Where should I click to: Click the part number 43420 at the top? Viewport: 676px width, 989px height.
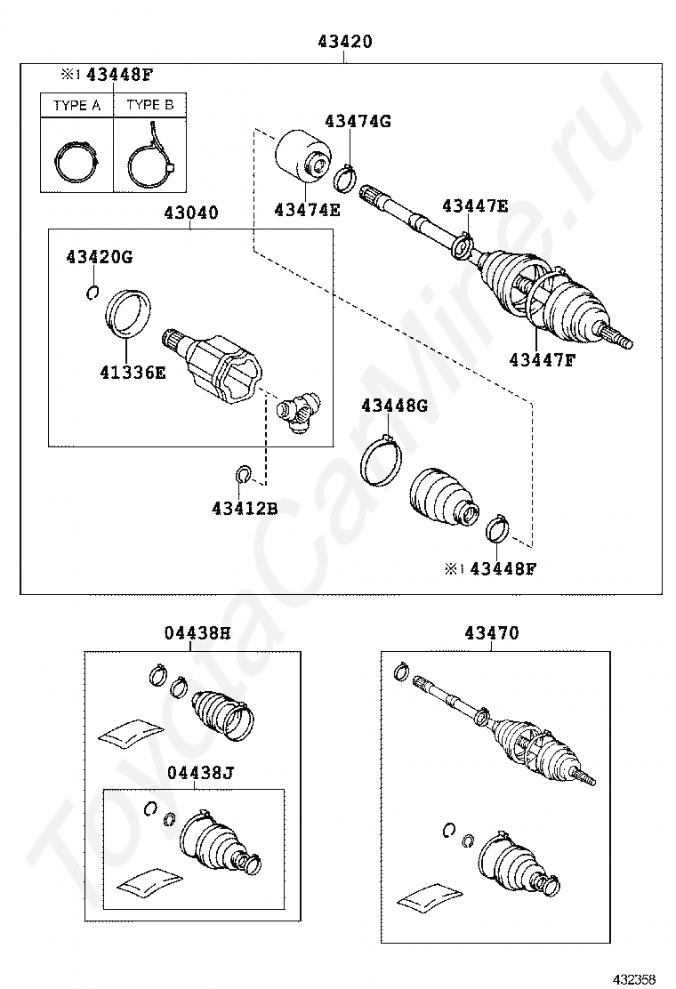pos(343,41)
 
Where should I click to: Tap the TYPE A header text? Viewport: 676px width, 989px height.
pos(76,105)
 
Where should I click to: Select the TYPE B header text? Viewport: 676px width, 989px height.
pos(149,105)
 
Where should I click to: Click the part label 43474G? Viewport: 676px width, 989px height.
pos(358,121)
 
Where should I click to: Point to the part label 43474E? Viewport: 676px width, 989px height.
pos(307,210)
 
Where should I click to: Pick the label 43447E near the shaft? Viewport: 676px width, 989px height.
pos(475,206)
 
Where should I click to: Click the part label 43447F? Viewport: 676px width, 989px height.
pos(542,359)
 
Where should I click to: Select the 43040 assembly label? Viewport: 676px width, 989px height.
pos(190,213)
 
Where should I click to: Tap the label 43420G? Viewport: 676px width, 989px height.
pos(99,257)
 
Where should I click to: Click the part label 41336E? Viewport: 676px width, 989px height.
pos(133,372)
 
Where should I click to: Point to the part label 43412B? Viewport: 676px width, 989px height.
pos(245,508)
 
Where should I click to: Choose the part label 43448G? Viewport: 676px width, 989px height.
pos(394,406)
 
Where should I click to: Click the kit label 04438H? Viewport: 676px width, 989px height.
pos(197,633)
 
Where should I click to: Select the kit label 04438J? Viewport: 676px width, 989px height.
pos(199,773)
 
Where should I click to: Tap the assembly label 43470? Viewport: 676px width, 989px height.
pos(491,633)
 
